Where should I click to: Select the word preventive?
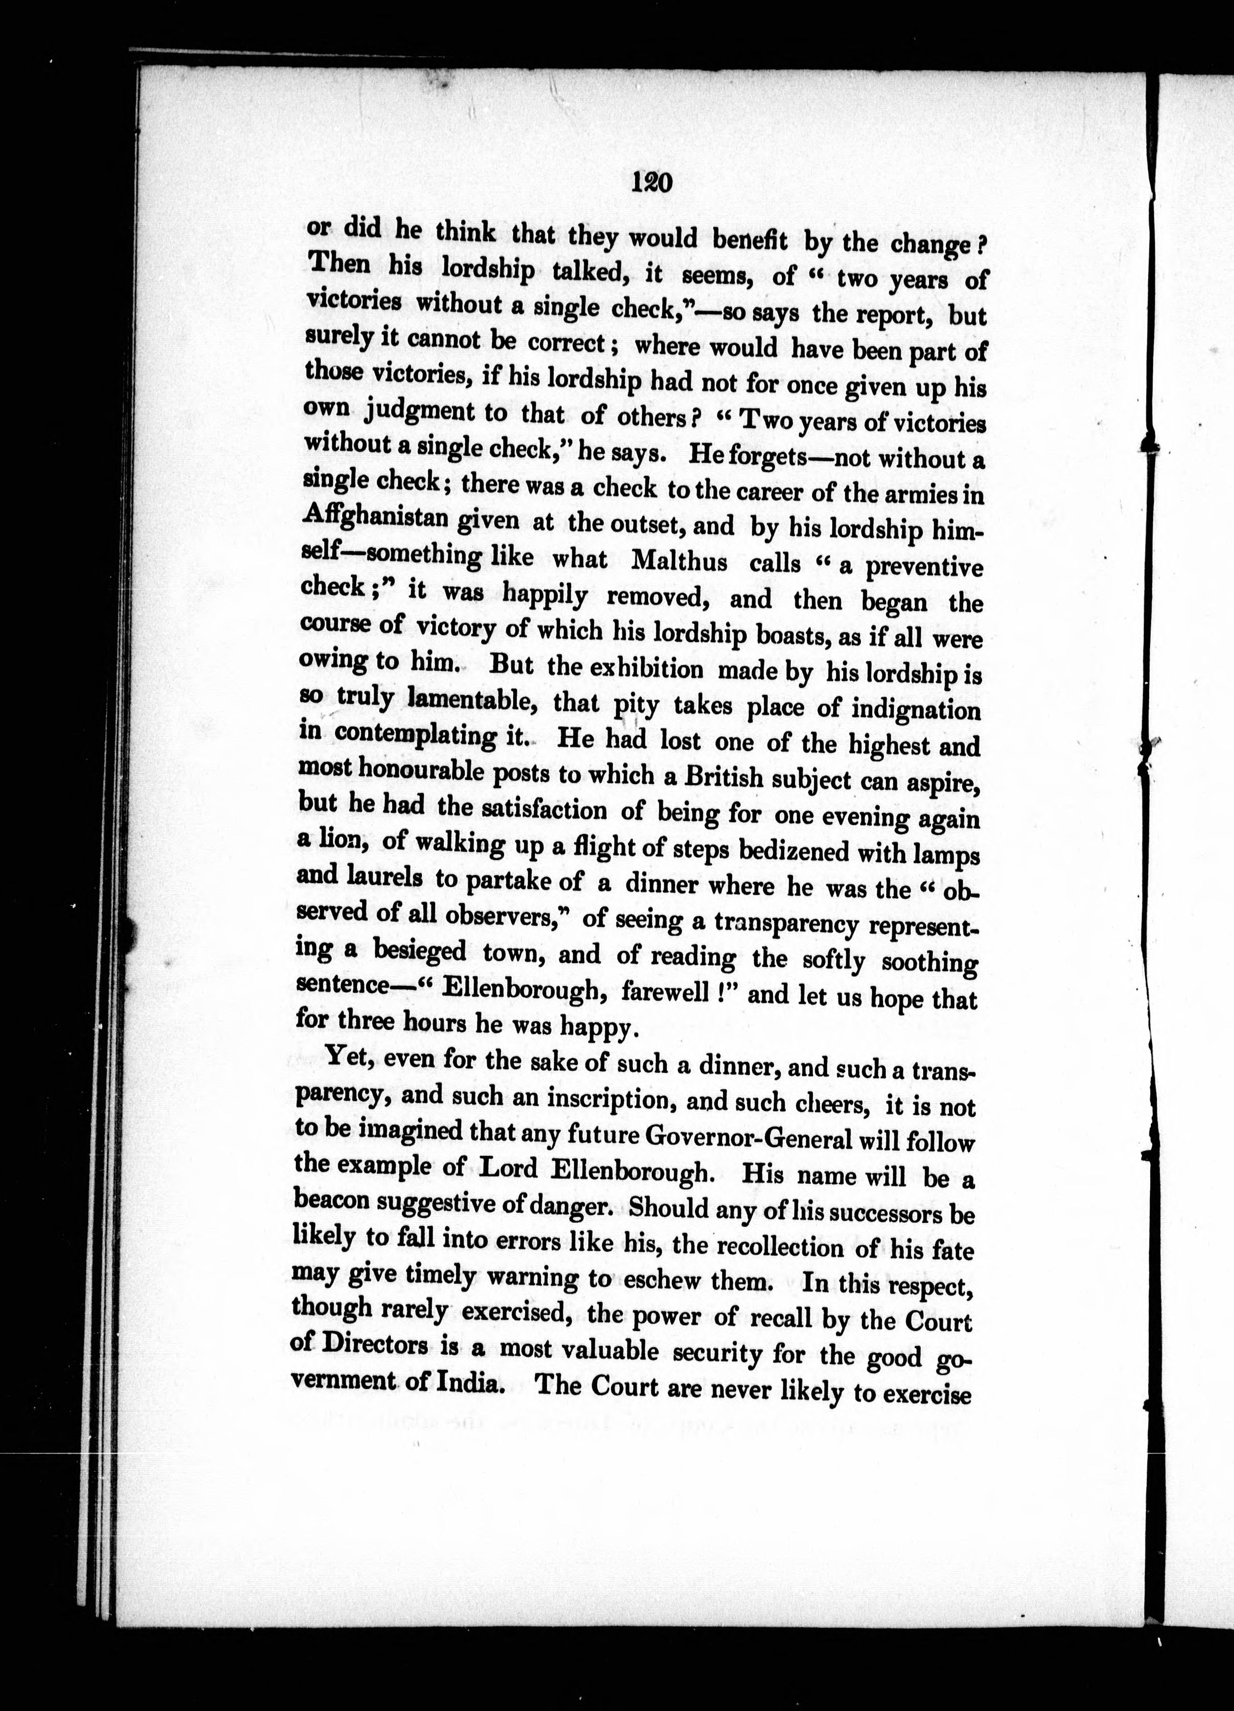(923, 567)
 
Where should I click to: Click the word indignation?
(916, 710)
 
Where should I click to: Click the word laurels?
(389, 877)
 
